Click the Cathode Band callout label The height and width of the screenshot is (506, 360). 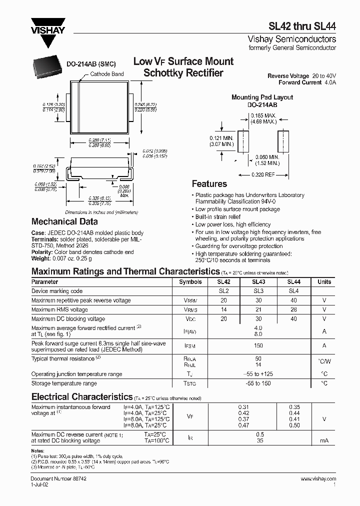pos(106,74)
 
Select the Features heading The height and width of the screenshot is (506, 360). pos(209,184)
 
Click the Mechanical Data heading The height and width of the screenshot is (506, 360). pos(64,221)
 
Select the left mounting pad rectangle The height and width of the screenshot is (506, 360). pos(243,141)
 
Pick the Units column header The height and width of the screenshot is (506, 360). pos(324,282)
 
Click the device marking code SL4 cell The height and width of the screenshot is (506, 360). pos(293,291)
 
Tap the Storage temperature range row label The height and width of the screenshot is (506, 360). pos(64,383)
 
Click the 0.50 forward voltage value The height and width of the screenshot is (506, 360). pos(294,425)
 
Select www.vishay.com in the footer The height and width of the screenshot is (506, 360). pos(318,479)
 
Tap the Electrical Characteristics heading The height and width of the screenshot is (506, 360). pos(81,397)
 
